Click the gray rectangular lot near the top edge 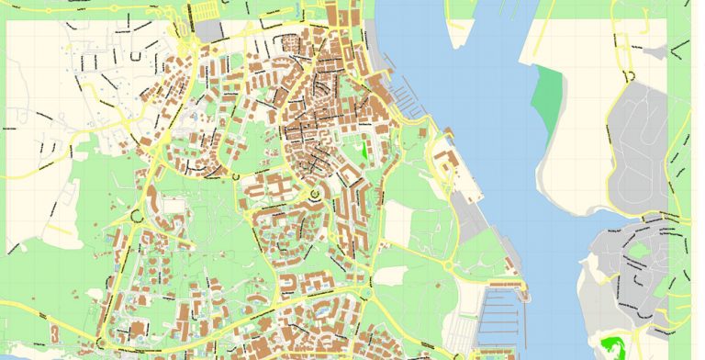pyautogui.click(x=209, y=29)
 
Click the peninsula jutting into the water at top pyautogui.click(x=457, y=23)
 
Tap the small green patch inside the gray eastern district pyautogui.click(x=641, y=249)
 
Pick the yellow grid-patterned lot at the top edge pyautogui.click(x=205, y=10)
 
